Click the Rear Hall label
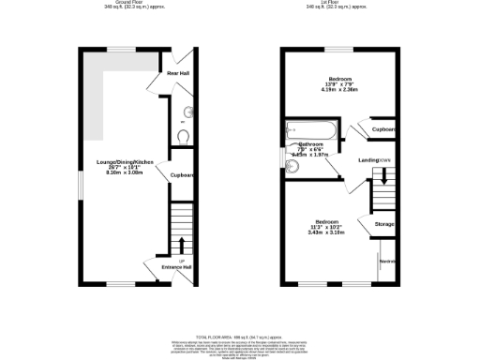tap(178, 73)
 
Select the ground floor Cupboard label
tap(182, 175)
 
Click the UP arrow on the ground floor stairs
tap(181, 247)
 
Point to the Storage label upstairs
tap(384, 225)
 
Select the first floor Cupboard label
tap(382, 129)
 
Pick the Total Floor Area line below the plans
tap(240, 335)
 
